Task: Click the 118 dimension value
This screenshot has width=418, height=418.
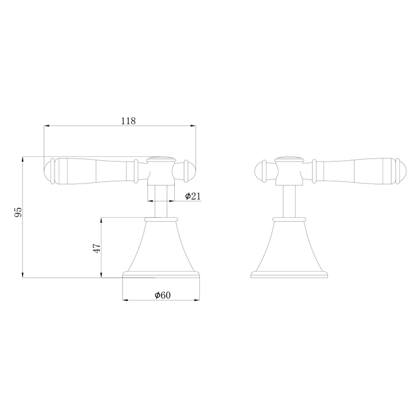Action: click(x=128, y=121)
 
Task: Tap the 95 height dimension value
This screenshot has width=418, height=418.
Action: click(x=18, y=212)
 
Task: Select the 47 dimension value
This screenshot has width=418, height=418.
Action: click(x=98, y=247)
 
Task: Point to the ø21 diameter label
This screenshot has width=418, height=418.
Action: click(x=193, y=196)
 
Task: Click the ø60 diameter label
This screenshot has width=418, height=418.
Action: click(x=163, y=296)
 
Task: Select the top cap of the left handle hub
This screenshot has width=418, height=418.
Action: click(x=161, y=158)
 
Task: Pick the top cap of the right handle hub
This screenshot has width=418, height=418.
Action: click(x=289, y=158)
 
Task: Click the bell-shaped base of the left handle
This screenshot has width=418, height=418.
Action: click(x=159, y=247)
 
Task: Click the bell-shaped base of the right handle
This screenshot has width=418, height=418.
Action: click(x=289, y=247)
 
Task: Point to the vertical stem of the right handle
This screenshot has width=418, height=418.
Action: click(x=289, y=200)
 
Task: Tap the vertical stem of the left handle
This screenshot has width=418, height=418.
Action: click(x=160, y=200)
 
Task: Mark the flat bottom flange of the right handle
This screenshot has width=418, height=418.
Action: click(x=289, y=274)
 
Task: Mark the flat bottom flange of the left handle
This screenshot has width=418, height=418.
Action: click(x=159, y=274)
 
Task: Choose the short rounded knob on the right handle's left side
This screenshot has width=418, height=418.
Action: click(x=262, y=170)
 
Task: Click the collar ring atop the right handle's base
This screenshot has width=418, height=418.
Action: click(x=289, y=219)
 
